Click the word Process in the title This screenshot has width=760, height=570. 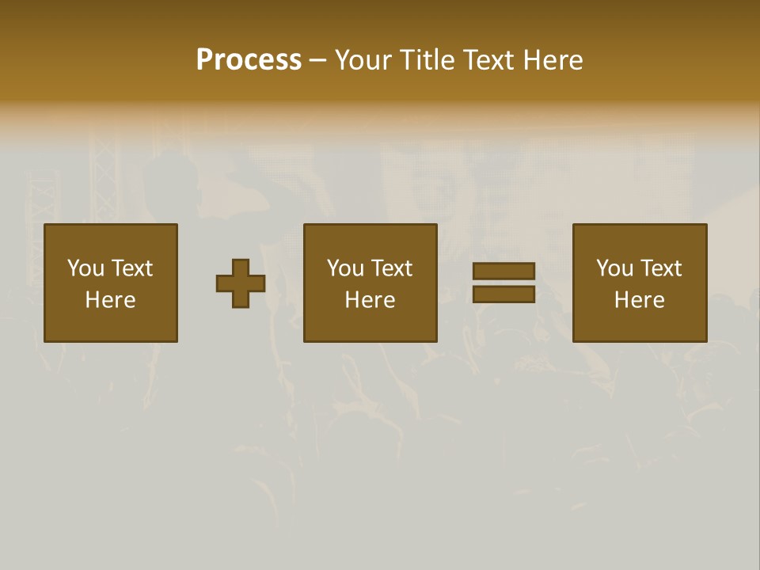point(249,60)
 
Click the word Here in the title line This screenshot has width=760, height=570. point(555,60)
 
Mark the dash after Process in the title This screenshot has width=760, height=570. point(318,61)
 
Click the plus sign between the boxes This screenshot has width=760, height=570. point(241,283)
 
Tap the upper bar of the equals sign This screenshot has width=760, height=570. point(503,271)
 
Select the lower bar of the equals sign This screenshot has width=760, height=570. point(503,294)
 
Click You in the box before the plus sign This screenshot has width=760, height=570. point(85,268)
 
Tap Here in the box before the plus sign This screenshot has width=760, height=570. point(111,300)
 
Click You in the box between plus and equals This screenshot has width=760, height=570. point(345,268)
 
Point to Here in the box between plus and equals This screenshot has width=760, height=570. point(370,300)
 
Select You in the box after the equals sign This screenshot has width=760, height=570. point(614,268)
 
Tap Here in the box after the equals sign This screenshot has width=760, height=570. point(640,300)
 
